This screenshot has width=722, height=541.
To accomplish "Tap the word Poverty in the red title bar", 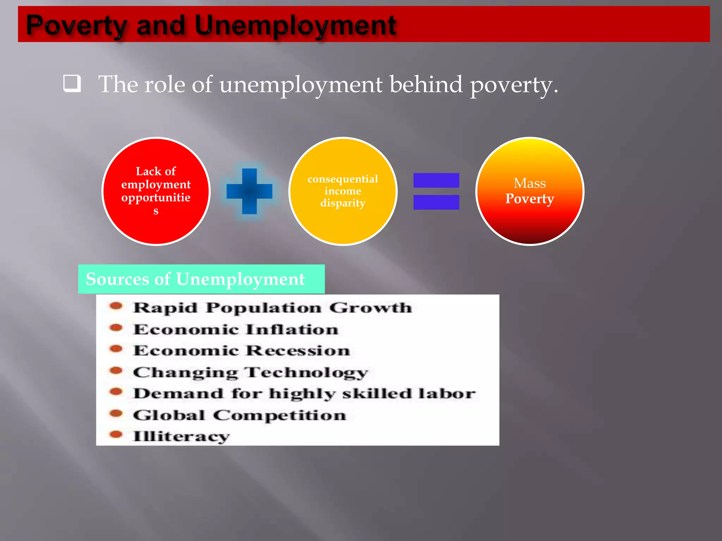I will coord(76,25).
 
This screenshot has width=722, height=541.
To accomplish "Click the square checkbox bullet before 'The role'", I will coord(72,83).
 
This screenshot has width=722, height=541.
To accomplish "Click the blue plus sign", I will coord(249,191).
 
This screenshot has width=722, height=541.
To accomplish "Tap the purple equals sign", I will coord(436,191).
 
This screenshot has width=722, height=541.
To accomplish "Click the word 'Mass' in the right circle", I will coord(530,183).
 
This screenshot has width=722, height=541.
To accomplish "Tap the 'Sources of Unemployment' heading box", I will coord(201,279).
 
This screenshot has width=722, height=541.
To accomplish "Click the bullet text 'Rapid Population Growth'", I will coord(272,308).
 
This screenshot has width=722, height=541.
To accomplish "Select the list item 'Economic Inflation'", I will coord(235,330).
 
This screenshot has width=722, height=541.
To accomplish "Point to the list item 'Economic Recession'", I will coord(241,351).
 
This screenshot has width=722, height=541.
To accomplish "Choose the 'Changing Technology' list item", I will coord(250,373).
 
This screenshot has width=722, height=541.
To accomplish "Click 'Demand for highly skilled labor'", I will coord(304,394).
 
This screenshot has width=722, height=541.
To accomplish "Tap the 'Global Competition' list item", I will coord(239,415).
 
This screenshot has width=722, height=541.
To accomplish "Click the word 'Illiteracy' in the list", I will coord(181,437).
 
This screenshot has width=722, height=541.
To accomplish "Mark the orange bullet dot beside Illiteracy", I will coord(116,434).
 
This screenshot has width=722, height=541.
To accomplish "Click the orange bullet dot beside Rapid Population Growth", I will coord(116,306).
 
